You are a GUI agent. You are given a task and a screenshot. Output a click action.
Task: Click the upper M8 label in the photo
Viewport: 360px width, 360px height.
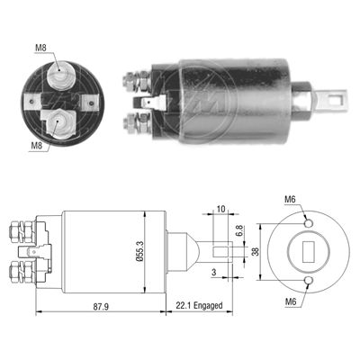[x=41, y=48]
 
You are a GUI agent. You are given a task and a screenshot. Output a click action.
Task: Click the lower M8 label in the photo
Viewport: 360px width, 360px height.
[x=37, y=146]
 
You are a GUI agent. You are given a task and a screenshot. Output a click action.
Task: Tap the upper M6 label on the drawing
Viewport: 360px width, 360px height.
[x=290, y=199]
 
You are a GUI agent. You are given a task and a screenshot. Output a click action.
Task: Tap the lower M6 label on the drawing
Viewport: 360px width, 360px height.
[x=291, y=301]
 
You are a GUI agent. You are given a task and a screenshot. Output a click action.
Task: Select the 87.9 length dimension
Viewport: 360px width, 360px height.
[x=101, y=307]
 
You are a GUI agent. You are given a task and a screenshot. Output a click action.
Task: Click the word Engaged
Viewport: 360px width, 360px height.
[x=208, y=306]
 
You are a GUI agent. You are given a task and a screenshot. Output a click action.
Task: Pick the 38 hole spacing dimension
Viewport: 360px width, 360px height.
[x=256, y=251]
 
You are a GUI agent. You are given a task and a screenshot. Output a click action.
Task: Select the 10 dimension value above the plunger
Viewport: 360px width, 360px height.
[x=220, y=209]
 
